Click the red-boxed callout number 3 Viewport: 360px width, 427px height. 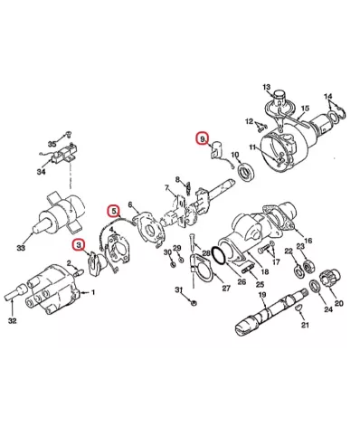[x=79, y=245]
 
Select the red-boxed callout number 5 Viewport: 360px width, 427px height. [x=113, y=211]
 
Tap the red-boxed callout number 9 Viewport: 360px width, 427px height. [x=203, y=138]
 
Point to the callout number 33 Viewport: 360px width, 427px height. [x=21, y=248]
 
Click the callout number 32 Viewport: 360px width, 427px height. [x=13, y=321]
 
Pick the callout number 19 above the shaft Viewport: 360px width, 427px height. [x=262, y=295]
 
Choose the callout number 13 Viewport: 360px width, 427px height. [x=267, y=88]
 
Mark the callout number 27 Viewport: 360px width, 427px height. [x=226, y=288]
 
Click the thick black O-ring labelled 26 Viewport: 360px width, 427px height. [x=219, y=256]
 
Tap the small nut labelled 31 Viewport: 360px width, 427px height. [x=194, y=302]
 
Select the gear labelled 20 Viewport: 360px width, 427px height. [x=331, y=277]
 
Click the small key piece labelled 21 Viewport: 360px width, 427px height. [x=298, y=308]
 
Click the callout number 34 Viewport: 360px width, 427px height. [x=42, y=172]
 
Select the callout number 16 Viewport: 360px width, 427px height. [x=308, y=241]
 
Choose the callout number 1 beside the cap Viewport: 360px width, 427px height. [x=93, y=292]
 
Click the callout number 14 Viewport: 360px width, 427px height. [x=328, y=97]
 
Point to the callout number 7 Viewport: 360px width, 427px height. [x=166, y=188]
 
